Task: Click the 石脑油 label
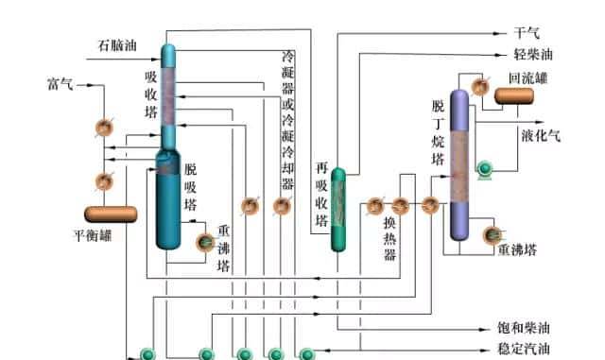[x=118, y=44]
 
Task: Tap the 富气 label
[x=60, y=84]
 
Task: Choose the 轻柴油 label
[x=533, y=55]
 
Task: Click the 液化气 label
[x=541, y=135]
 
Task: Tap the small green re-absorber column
[x=339, y=210]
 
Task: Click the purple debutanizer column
[x=459, y=165]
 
